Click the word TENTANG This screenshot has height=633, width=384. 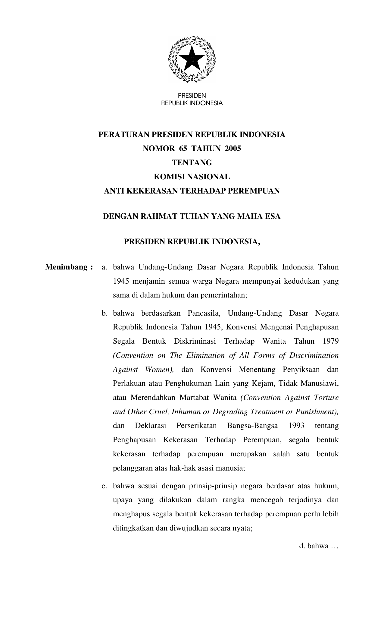click(x=192, y=162)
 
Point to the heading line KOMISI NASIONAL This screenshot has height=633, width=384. click(x=192, y=177)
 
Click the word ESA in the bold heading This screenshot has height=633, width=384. click(x=273, y=216)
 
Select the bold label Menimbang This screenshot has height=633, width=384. click(x=66, y=267)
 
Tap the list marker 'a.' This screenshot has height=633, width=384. click(x=104, y=267)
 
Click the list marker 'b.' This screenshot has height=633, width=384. click(x=105, y=313)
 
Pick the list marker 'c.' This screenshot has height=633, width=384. click(x=104, y=486)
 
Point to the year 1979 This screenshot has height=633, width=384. click(x=330, y=341)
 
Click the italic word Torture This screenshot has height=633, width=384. click(x=326, y=398)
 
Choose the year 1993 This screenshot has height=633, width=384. click(x=296, y=426)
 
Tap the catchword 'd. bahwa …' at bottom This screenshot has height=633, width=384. click(x=319, y=546)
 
